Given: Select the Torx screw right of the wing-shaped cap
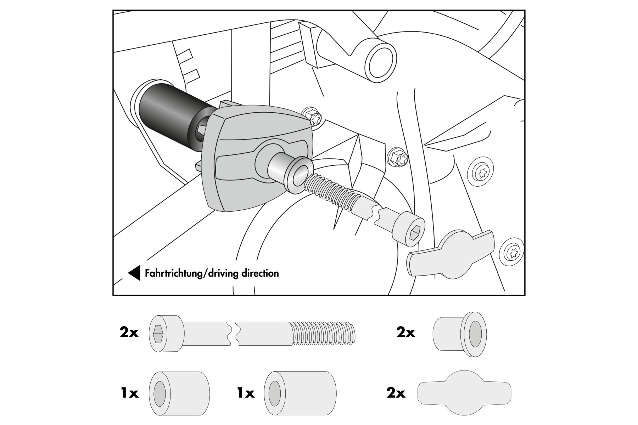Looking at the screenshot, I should (x=511, y=252).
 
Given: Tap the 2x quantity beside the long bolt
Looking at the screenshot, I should (x=129, y=333).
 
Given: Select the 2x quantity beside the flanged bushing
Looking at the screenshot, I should (x=405, y=333).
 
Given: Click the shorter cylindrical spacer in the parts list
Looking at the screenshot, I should (x=179, y=393).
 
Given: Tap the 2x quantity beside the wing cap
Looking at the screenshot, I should (x=396, y=393).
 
